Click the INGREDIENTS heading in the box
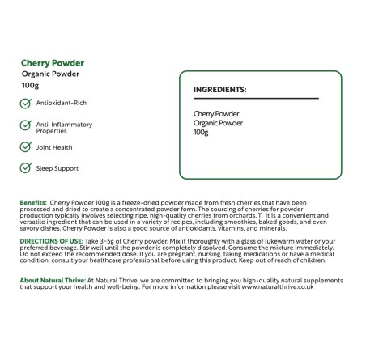[219, 90]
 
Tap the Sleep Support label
[57, 167]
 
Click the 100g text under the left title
[32, 85]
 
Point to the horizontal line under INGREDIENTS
[255, 99]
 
